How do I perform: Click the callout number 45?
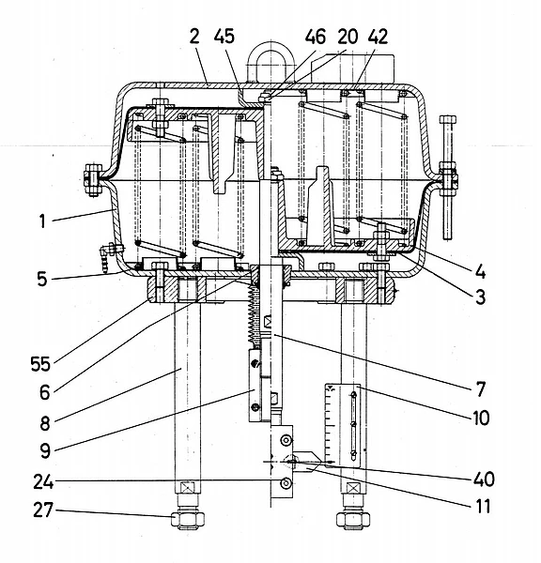pos(224,37)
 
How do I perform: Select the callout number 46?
pos(316,37)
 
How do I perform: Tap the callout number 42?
pos(378,37)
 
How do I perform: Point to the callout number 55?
pos(40,364)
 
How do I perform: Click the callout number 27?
pos(43,510)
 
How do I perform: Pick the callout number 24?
pos(43,482)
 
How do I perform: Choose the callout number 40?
pos(485,479)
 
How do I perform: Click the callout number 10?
pos(481,418)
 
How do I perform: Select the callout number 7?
pos(481,389)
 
